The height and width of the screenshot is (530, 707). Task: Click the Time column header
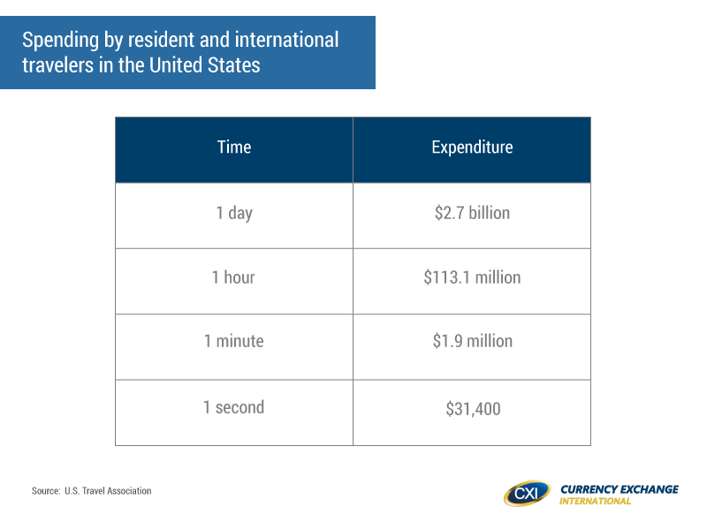tap(234, 148)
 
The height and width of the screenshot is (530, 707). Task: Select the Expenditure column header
tap(472, 148)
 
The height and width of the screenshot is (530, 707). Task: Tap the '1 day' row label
tap(234, 213)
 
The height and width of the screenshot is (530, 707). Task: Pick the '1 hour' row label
tap(233, 277)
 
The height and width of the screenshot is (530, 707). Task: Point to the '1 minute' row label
tap(233, 341)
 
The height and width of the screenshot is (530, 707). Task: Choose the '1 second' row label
tap(233, 407)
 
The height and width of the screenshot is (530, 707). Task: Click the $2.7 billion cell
tap(472, 213)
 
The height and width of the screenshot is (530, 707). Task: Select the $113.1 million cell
tap(472, 277)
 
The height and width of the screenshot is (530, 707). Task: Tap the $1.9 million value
tap(473, 341)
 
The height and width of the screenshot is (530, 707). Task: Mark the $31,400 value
tap(473, 409)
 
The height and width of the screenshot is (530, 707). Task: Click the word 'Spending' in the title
tap(60, 41)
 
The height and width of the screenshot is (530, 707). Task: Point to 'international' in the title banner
tap(286, 40)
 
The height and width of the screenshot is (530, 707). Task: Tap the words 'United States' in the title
tap(205, 64)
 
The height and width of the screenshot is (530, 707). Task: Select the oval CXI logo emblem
tap(527, 494)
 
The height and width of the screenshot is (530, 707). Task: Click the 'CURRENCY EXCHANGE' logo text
tap(620, 489)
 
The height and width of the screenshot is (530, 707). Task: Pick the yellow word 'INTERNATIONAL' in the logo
tap(595, 501)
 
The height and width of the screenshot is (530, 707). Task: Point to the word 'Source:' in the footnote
tap(46, 491)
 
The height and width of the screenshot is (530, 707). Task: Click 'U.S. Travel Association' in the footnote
tap(108, 491)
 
